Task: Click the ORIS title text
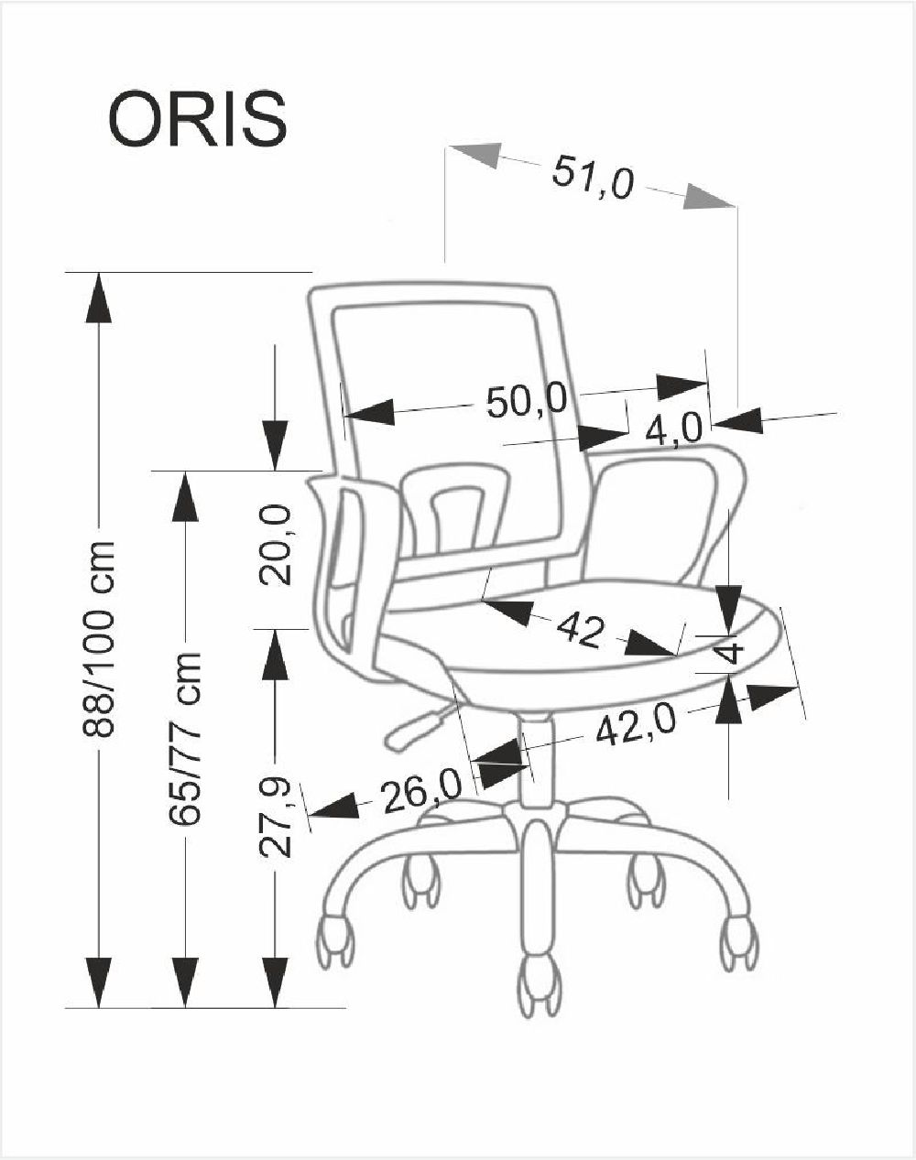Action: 198,119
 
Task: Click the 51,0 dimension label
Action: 592,177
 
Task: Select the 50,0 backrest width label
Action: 527,402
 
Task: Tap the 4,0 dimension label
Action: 675,428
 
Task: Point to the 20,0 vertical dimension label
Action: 276,545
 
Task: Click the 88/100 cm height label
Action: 99,639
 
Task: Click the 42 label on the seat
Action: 579,630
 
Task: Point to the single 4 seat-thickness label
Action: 729,653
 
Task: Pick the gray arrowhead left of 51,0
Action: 475,156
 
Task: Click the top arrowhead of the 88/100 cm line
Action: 99,298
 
